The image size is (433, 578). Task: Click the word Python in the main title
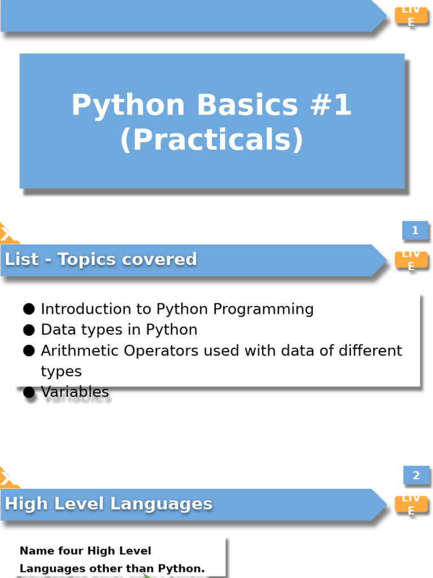(x=128, y=106)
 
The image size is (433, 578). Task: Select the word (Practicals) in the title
(x=211, y=140)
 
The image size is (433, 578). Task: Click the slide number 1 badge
(x=415, y=230)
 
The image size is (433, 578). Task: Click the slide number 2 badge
(x=416, y=475)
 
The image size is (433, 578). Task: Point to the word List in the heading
(x=22, y=259)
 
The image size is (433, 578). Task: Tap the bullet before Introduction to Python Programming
(x=29, y=309)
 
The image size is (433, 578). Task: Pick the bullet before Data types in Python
(x=29, y=330)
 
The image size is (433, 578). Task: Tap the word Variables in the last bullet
(x=75, y=392)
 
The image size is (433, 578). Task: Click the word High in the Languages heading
(x=22, y=503)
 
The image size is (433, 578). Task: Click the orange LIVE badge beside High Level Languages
(x=411, y=504)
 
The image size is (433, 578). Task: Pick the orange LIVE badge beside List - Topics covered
(x=411, y=260)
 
